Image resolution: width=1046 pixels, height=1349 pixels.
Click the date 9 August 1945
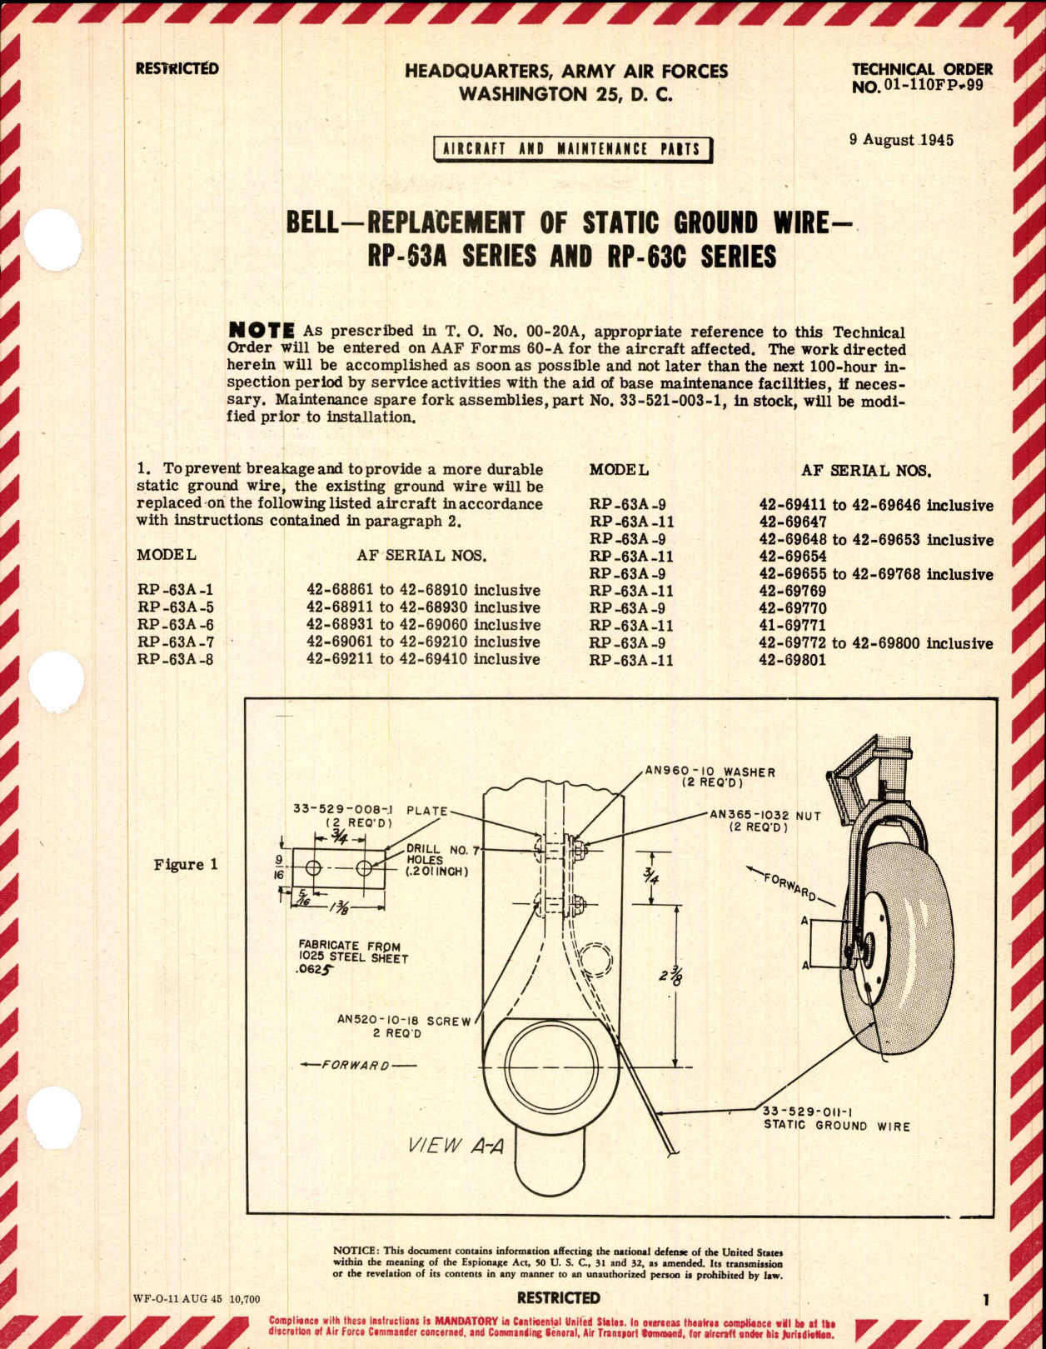pos(901,140)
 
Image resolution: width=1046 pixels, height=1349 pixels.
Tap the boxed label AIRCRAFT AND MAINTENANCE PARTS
pos(573,149)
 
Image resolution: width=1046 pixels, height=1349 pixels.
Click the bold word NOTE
pos(261,331)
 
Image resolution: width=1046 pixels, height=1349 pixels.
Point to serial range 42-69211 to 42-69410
pos(423,659)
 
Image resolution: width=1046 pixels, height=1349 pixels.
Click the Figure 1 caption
pos(185,864)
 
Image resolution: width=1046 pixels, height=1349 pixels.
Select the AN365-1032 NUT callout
pos(765,821)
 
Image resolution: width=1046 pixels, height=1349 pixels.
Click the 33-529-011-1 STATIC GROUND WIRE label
pos(836,1118)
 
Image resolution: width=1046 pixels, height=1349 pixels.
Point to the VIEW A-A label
pos(458,1146)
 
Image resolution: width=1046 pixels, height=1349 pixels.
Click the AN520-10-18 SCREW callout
pos(404,1027)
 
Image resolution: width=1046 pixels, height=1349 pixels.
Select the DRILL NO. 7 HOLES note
pos(438,860)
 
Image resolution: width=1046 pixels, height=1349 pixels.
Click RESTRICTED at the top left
pos(177,68)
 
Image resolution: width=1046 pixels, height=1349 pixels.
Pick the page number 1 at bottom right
pos(986,1299)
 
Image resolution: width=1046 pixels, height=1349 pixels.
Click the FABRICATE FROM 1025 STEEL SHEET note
pos(353,957)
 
